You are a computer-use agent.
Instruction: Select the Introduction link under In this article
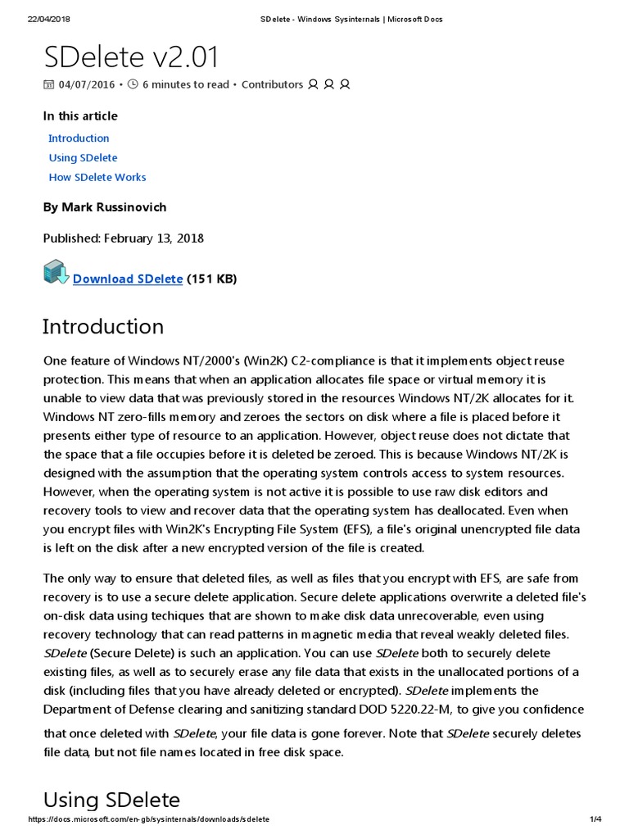point(79,138)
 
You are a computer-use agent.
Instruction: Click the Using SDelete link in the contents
point(83,158)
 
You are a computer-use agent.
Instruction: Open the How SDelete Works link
point(97,177)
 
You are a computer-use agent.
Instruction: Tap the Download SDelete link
point(128,279)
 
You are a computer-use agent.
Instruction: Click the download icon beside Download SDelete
point(56,273)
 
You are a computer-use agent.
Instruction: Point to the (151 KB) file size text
point(211,279)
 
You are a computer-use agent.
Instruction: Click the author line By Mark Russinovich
point(104,207)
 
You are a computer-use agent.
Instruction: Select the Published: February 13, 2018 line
point(123,238)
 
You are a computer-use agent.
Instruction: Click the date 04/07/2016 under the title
point(87,84)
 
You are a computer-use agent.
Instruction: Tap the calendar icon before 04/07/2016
point(48,84)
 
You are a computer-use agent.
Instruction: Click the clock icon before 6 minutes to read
point(133,84)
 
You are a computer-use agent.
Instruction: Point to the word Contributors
point(272,84)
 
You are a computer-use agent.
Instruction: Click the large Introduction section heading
point(103,326)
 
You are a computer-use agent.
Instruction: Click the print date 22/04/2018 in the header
point(49,19)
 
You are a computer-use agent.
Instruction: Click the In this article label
point(80,116)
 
